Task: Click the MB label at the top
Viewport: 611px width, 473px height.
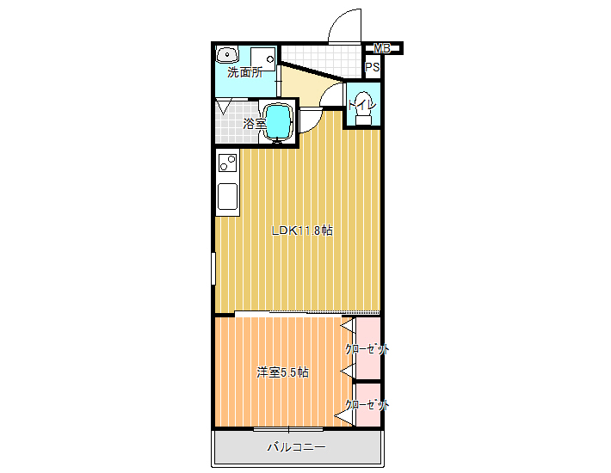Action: pyautogui.click(x=382, y=48)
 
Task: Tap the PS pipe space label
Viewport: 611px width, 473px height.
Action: pyautogui.click(x=372, y=67)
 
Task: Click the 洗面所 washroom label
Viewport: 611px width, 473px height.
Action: pyautogui.click(x=244, y=72)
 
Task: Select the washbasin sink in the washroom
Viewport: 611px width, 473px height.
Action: pyautogui.click(x=227, y=54)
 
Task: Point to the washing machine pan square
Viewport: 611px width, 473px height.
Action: pyautogui.click(x=262, y=59)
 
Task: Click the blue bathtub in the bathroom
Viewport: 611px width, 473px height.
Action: pyautogui.click(x=278, y=122)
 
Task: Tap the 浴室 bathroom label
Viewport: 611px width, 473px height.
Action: pyautogui.click(x=255, y=124)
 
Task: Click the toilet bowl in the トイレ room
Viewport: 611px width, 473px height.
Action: pyautogui.click(x=363, y=108)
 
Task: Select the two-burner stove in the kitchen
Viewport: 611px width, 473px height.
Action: pyautogui.click(x=227, y=163)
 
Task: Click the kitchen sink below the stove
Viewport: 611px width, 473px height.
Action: pyautogui.click(x=227, y=196)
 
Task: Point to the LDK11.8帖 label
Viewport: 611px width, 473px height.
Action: pyautogui.click(x=302, y=230)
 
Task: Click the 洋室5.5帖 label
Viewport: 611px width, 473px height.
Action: pyautogui.click(x=282, y=372)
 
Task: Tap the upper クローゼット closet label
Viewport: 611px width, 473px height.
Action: pyautogui.click(x=367, y=349)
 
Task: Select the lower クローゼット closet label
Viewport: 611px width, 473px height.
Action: pyautogui.click(x=367, y=405)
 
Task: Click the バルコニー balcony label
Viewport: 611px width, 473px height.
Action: pyautogui.click(x=296, y=447)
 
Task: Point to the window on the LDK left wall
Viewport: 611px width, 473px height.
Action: pyautogui.click(x=213, y=268)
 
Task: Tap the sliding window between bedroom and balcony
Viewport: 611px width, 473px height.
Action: pyautogui.click(x=288, y=429)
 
